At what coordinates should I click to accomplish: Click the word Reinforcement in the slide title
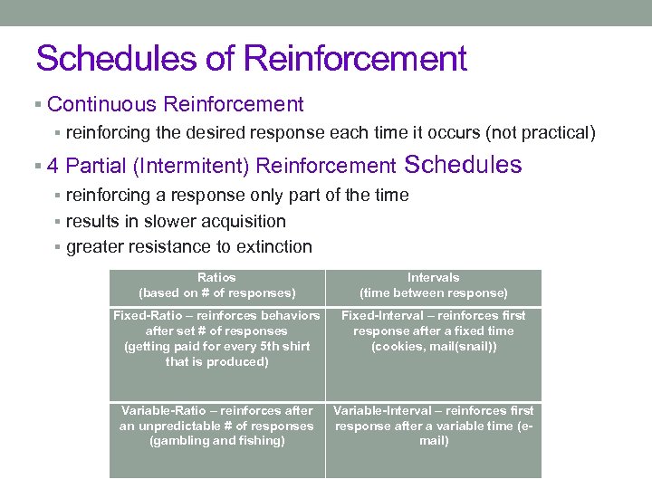click(356, 59)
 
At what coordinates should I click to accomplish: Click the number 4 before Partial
click(53, 166)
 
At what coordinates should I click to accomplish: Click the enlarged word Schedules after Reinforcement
click(464, 165)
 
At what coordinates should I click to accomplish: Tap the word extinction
click(273, 246)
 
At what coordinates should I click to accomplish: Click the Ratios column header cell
click(216, 286)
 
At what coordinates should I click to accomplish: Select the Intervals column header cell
click(433, 286)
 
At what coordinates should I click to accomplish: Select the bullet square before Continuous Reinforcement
click(38, 106)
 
